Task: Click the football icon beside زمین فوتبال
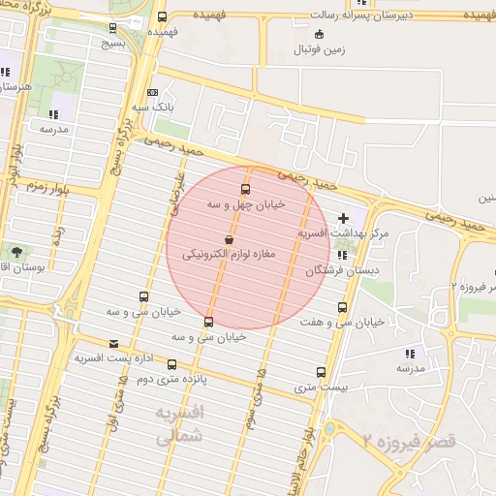pyautogui.click(x=321, y=34)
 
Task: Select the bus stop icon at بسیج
pyautogui.click(x=115, y=29)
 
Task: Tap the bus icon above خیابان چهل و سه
pyautogui.click(x=245, y=189)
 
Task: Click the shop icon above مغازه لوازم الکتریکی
pyautogui.click(x=229, y=238)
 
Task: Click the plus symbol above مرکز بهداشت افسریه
pyautogui.click(x=343, y=218)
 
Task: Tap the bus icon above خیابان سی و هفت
pyautogui.click(x=341, y=307)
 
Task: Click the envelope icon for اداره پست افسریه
pyautogui.click(x=114, y=344)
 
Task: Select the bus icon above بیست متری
pyautogui.click(x=322, y=372)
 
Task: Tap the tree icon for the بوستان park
pyautogui.click(x=16, y=252)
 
